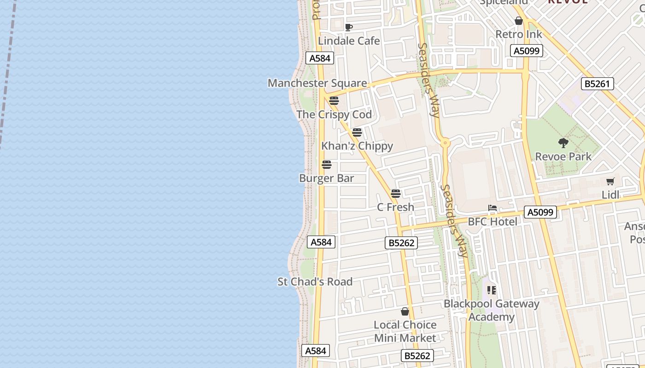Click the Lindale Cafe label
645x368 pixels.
click(349, 41)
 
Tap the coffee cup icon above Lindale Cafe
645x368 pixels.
click(349, 28)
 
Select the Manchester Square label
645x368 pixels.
click(317, 83)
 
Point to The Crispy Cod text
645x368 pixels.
click(334, 115)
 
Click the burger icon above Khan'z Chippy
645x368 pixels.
click(357, 133)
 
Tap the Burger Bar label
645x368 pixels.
click(326, 178)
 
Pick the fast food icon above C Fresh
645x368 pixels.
click(395, 194)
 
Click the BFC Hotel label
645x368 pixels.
click(493, 222)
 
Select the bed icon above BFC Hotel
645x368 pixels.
click(493, 208)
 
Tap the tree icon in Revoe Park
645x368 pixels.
click(563, 143)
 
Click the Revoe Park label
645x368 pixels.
click(563, 157)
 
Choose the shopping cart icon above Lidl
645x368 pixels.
click(610, 182)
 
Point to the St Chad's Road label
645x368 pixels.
click(315, 282)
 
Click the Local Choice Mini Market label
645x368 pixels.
click(405, 331)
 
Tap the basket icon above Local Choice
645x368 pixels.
click(405, 311)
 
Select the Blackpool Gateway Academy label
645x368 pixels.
click(491, 310)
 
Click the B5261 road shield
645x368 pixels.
click(597, 84)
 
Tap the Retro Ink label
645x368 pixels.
click(518, 34)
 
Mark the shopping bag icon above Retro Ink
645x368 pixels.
click(518, 21)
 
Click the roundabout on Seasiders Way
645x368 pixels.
click(445, 143)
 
